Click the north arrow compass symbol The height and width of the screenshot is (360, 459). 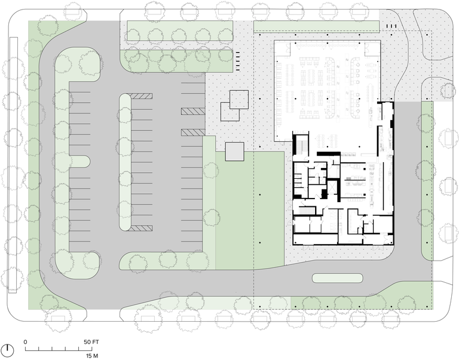pyautogui.click(x=9, y=350)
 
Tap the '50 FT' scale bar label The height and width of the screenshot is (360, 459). pyautogui.click(x=91, y=342)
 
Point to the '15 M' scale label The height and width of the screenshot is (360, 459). pyautogui.click(x=92, y=356)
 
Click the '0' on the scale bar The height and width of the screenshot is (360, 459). pyautogui.click(x=26, y=342)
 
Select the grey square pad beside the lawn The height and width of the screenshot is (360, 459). pyautogui.click(x=234, y=151)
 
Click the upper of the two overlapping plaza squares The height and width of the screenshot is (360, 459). pyautogui.click(x=239, y=100)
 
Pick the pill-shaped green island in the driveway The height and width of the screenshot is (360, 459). pyautogui.click(x=338, y=278)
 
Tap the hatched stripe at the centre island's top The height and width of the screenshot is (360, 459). pyautogui.click(x=141, y=96)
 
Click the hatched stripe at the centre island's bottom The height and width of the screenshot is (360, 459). pyautogui.click(x=141, y=228)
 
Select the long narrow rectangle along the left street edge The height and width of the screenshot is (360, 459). pyautogui.click(x=13, y=165)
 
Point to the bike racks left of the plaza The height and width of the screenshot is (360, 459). pyautogui.click(x=238, y=61)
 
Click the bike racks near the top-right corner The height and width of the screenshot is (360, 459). pyautogui.click(x=391, y=26)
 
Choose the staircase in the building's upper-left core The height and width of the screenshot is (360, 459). pyautogui.click(x=301, y=145)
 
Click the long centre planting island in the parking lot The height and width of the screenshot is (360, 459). pyautogui.click(x=126, y=162)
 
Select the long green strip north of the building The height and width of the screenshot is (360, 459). pyautogui.click(x=316, y=26)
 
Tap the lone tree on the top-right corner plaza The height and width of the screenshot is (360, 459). pyautogui.click(x=448, y=90)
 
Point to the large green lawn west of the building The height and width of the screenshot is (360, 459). pyautogui.click(x=250, y=210)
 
